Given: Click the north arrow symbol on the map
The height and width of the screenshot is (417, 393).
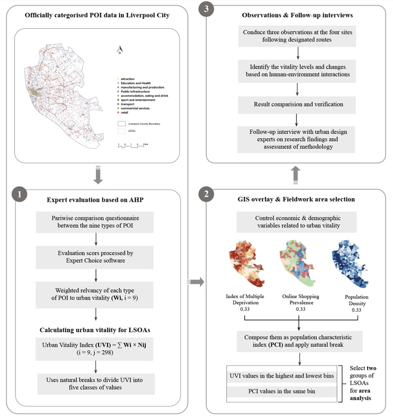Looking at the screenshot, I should [x=120, y=49].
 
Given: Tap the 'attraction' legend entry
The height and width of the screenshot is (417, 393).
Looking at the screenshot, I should [x=127, y=79].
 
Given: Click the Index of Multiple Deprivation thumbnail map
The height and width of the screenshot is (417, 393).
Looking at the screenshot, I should [x=246, y=263].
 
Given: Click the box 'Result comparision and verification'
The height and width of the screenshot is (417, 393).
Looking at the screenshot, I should [x=298, y=104].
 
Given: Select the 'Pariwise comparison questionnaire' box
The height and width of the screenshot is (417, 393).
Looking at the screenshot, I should [x=96, y=222].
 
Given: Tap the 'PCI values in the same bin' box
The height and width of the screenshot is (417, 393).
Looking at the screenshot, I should [x=282, y=391].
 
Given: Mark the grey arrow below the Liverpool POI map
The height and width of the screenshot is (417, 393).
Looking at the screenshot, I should [x=98, y=175].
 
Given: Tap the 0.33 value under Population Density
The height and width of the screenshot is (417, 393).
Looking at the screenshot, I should [x=357, y=310].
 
